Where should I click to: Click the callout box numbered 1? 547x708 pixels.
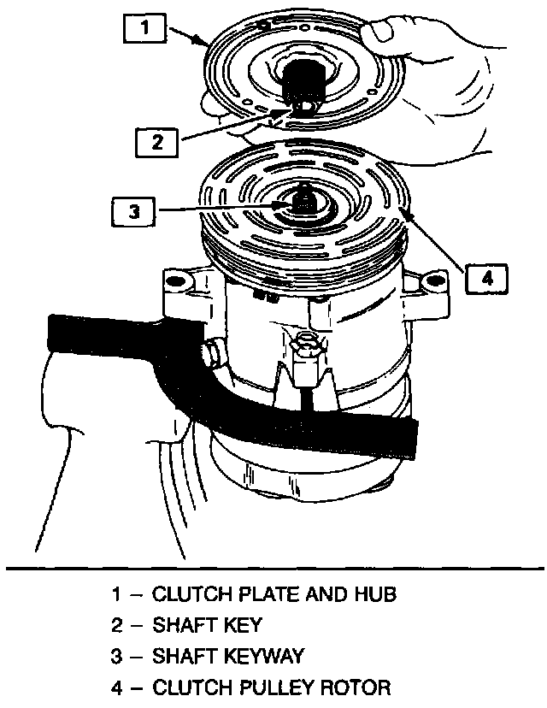146,28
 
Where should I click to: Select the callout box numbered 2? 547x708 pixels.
157,140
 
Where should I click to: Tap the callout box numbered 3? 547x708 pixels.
133,210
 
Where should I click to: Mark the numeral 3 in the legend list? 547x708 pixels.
116,656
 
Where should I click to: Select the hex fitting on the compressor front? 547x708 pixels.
305,349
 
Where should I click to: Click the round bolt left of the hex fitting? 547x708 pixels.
210,351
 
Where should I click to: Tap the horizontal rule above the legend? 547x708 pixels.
273,567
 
